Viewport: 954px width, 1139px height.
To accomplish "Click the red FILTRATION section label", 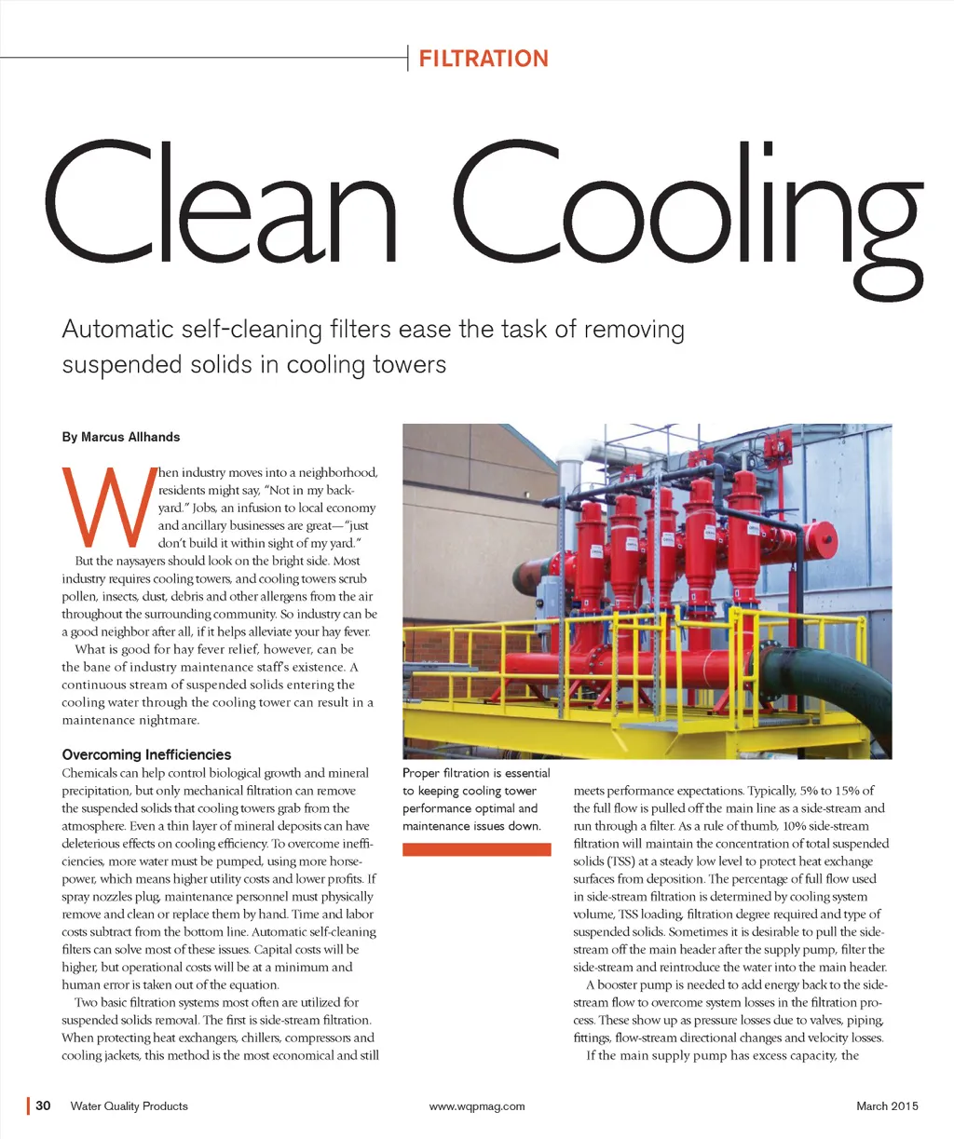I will [x=484, y=59].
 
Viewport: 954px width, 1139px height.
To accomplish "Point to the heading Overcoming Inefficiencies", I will [x=146, y=754].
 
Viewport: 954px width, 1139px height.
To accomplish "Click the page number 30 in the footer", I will [x=43, y=1105].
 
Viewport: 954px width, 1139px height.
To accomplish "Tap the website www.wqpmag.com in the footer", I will [x=477, y=1106].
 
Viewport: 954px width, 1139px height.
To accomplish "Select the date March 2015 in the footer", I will [x=887, y=1106].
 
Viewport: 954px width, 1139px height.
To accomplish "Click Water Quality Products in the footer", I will [x=129, y=1106].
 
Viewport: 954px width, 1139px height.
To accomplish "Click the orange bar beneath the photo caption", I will [x=476, y=848].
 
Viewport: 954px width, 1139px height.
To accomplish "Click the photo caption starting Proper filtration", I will [x=476, y=799].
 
